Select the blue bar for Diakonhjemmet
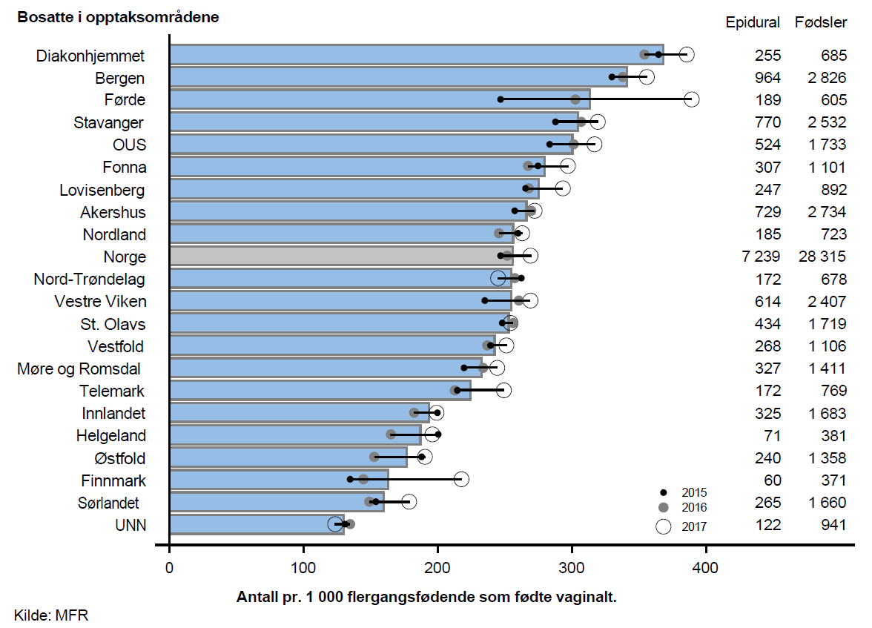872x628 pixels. coord(415,55)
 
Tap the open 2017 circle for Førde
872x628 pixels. coord(691,99)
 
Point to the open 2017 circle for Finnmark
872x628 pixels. coord(461,480)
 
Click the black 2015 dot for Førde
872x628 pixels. coord(501,99)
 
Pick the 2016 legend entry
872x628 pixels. coord(682,508)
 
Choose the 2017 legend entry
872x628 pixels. coord(682,526)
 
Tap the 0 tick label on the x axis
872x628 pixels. coord(170,568)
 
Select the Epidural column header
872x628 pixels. coord(753,22)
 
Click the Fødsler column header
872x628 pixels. coord(821,22)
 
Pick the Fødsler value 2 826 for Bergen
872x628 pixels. coord(826,78)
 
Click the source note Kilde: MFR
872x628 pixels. coord(50,615)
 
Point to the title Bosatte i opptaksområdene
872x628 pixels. coord(118,17)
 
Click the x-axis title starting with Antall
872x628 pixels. coord(426,597)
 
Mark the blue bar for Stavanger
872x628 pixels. coord(374,122)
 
